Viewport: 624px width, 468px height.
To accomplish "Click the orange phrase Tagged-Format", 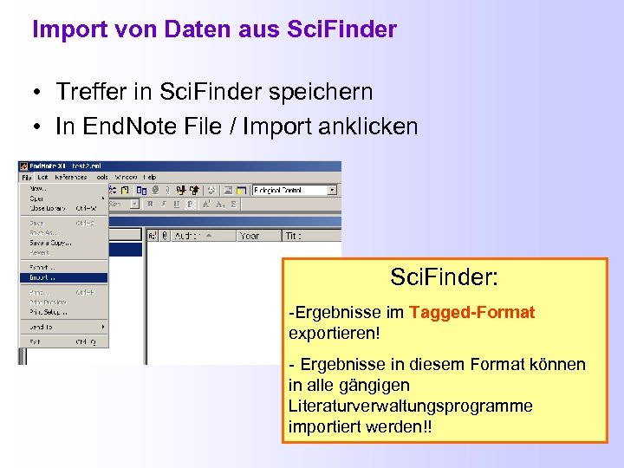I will pyautogui.click(x=471, y=312).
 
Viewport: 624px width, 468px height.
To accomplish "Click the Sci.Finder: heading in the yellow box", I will pyautogui.click(x=444, y=278).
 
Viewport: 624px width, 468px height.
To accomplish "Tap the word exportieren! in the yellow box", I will pyautogui.click(x=335, y=333).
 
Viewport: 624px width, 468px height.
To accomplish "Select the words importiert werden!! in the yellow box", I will pyautogui.click(x=362, y=426).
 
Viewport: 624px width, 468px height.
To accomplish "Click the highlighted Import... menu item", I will pyautogui.click(x=43, y=278).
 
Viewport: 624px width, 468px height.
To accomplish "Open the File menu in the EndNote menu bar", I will pyautogui.click(x=27, y=177).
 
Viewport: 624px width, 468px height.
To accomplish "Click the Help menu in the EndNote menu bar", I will pyautogui.click(x=150, y=177).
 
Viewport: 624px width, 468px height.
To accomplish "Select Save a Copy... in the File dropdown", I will pyautogui.click(x=50, y=242).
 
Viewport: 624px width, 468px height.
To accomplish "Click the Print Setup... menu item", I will pyautogui.click(x=49, y=311).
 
